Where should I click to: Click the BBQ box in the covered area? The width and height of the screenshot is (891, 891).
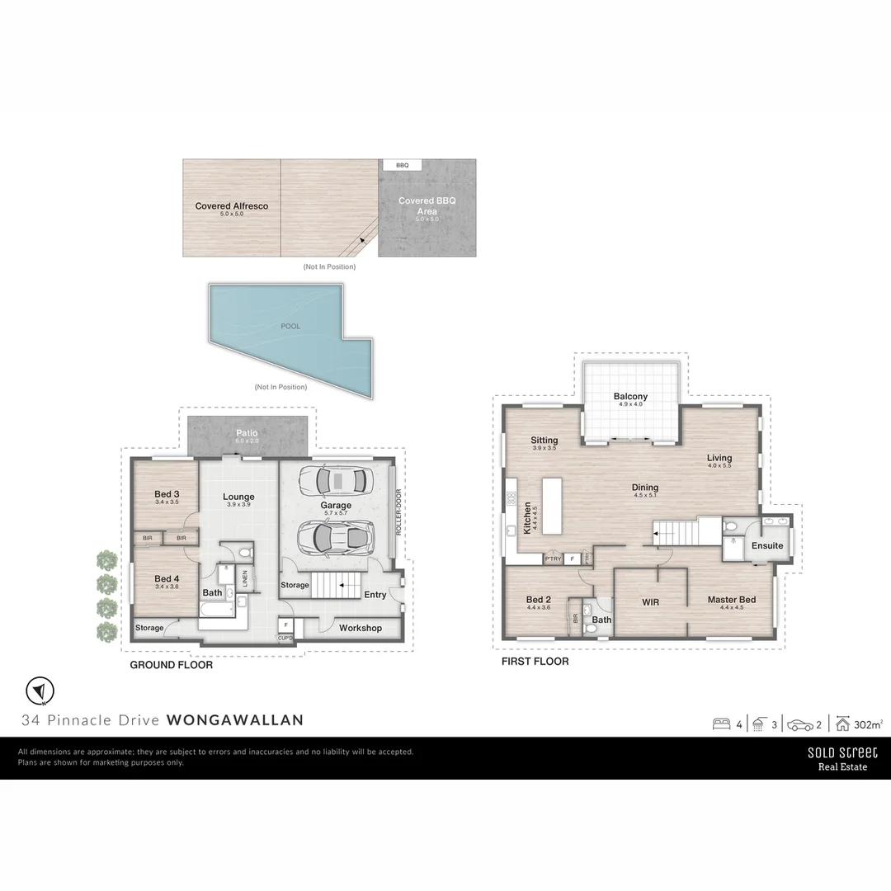[402, 165]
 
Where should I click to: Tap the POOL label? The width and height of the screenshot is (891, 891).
[290, 326]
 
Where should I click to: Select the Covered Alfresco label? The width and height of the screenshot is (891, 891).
[231, 206]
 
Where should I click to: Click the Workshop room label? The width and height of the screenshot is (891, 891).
[361, 628]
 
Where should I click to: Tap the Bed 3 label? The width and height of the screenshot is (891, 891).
[167, 495]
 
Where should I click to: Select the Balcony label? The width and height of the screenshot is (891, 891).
[630, 397]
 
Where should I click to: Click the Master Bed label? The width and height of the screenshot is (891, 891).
[731, 600]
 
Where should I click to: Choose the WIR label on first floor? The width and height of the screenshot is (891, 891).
[651, 602]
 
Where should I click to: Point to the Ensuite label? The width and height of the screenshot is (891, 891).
[767, 546]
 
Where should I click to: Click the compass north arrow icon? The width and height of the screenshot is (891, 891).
[39, 690]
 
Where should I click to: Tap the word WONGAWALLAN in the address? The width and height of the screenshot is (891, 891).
[235, 719]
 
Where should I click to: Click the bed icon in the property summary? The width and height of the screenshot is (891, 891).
[721, 725]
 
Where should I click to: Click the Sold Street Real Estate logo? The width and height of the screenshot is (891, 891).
[842, 758]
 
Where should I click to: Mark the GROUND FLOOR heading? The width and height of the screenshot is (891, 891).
[171, 664]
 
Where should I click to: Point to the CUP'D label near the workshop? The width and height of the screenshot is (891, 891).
[285, 638]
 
